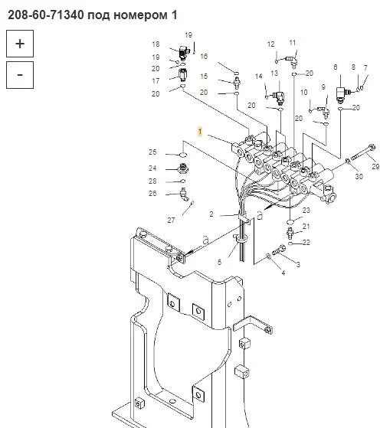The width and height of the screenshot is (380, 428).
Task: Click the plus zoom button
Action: click(20, 44)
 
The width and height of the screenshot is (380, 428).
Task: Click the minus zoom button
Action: click(20, 75)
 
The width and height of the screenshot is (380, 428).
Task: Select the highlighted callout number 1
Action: click(200, 132)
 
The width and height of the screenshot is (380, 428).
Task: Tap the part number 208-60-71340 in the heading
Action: click(46, 15)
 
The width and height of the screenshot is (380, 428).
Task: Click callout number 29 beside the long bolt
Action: click(375, 166)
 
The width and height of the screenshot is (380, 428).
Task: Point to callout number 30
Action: click(359, 177)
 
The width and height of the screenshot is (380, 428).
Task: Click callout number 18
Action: click(156, 44)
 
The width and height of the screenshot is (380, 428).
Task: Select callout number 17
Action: click(156, 81)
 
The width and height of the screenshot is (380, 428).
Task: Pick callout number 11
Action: click(293, 43)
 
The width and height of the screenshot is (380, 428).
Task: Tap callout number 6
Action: click(336, 67)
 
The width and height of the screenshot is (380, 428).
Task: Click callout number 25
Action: click(152, 152)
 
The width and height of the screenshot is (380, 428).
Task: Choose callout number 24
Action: click(152, 168)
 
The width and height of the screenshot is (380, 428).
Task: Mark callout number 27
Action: click(171, 220)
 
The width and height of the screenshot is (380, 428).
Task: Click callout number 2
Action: click(211, 214)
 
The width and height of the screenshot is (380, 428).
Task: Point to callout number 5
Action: click(219, 263)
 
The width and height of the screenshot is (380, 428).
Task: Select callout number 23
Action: click(306, 211)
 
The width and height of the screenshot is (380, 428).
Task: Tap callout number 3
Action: click(298, 264)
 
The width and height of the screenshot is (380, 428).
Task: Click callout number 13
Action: click(274, 74)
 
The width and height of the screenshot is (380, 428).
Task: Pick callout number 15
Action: click(204, 77)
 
